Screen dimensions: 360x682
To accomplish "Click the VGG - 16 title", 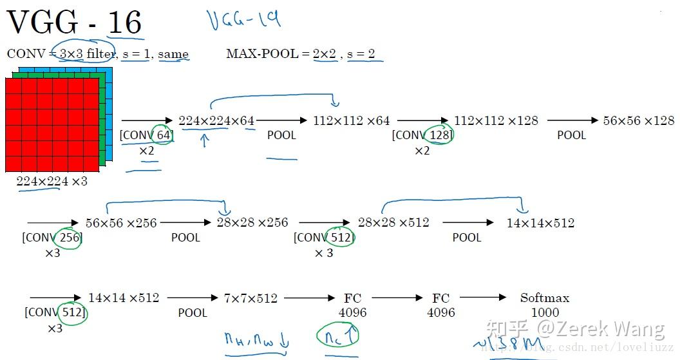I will (x=74, y=23).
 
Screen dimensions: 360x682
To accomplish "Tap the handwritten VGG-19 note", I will (x=244, y=20).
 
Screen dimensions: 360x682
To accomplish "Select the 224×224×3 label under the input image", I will (x=52, y=182).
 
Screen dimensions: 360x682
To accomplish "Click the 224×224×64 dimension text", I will (x=216, y=120).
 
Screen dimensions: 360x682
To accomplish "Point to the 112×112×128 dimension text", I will (x=496, y=120).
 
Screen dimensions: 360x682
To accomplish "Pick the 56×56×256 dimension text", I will (x=121, y=223).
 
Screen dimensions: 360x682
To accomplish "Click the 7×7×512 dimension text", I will (x=251, y=298).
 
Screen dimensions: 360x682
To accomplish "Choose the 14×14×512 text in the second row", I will (x=540, y=223).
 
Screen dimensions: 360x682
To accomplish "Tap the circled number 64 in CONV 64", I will (x=163, y=135).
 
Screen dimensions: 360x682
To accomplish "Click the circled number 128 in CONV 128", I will (x=440, y=135).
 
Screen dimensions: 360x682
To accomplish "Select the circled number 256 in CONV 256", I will (x=69, y=238).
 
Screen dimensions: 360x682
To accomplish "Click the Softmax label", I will (x=545, y=298).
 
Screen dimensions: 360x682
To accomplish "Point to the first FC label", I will (x=352, y=298).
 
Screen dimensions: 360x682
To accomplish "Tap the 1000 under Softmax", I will (x=545, y=312).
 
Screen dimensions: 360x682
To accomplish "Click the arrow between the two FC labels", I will (x=395, y=298).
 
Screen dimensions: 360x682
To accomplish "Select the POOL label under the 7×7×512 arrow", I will (x=193, y=313).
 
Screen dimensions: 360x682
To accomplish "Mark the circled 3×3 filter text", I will (x=86, y=54).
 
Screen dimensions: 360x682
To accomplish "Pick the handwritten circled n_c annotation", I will (x=337, y=336).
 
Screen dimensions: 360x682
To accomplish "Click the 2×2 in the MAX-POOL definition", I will (x=325, y=54).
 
